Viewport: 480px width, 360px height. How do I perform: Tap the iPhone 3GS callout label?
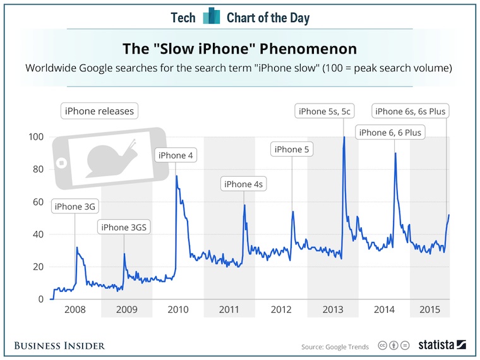click(124, 227)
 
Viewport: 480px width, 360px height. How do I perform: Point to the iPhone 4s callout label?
click(243, 184)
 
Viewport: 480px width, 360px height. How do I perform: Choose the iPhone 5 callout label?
click(292, 149)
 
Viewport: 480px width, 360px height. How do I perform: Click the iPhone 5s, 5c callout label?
click(325, 112)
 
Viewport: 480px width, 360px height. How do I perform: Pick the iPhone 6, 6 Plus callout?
click(390, 133)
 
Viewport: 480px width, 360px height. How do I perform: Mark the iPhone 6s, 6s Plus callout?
click(411, 112)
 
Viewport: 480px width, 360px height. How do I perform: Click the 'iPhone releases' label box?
click(99, 112)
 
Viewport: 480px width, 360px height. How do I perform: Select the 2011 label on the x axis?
click(229, 309)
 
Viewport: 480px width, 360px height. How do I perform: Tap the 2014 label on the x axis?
click(384, 309)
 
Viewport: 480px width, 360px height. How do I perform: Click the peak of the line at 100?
click(344, 138)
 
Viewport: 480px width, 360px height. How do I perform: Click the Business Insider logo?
click(59, 345)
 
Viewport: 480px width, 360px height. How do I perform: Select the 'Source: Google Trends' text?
click(335, 346)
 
